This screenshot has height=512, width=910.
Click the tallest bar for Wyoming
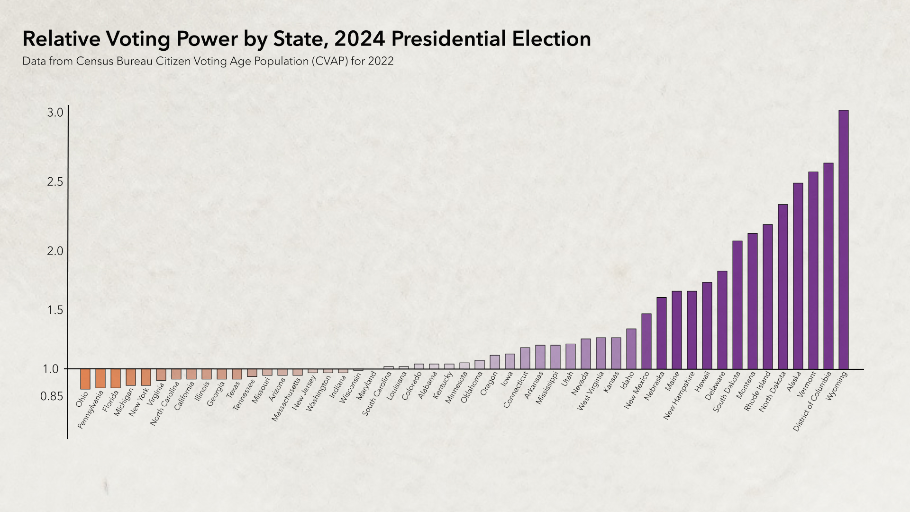[843, 239]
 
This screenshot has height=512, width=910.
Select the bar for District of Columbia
[828, 265]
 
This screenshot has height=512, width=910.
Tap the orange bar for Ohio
[85, 379]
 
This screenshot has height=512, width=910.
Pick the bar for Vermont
[813, 270]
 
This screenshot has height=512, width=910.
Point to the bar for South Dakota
[737, 305]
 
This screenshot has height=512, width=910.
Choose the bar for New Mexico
[646, 341]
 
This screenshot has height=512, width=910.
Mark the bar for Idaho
[631, 349]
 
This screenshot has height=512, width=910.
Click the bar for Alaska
[798, 276]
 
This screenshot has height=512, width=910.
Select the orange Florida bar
[115, 378]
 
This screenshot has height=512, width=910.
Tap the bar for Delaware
[722, 320]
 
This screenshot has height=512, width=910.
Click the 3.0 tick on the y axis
[55, 113]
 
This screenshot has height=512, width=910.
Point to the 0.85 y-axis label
[51, 396]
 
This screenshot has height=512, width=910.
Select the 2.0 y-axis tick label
[55, 251]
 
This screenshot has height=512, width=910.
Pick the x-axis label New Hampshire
[679, 395]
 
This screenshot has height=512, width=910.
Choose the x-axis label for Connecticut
[516, 390]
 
